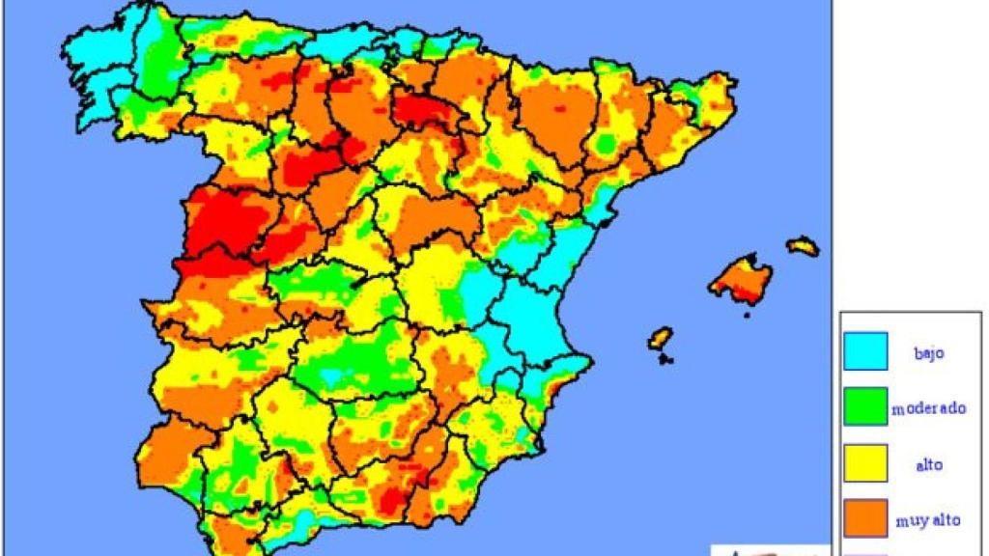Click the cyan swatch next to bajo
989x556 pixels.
(865, 351)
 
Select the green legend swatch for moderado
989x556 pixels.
(865, 406)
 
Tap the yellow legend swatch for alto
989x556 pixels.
(865, 462)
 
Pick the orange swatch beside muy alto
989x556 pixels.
(865, 517)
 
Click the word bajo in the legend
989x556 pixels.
(928, 352)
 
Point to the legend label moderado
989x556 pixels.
(928, 408)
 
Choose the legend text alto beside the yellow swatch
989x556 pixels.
(928, 464)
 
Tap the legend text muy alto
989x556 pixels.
(928, 520)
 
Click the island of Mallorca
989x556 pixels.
(740, 279)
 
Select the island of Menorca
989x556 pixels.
(803, 246)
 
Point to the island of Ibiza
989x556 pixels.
(661, 338)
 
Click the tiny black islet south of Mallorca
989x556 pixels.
(746, 314)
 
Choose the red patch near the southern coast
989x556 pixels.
(390, 501)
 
